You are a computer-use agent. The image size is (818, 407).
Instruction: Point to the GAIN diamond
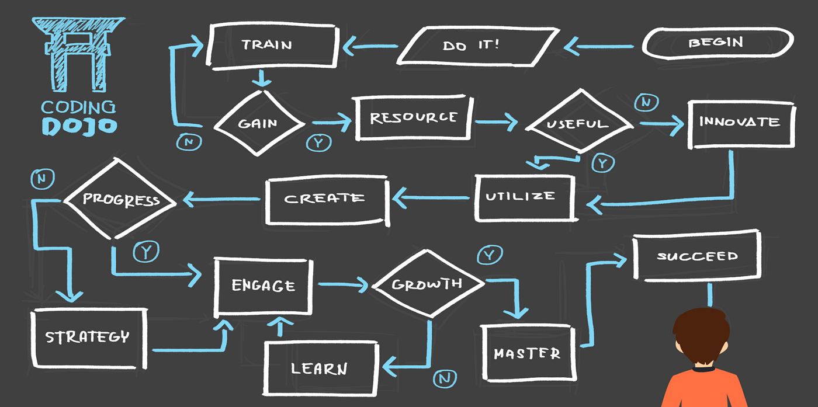pos(259,123)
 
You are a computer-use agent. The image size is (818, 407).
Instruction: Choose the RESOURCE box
pos(413,118)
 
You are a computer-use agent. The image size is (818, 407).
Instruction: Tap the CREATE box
pos(326,199)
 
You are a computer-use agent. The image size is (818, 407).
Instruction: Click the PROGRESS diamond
pos(121,199)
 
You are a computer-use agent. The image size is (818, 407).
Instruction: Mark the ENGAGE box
pos(263,286)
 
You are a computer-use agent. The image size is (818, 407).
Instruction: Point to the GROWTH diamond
pos(428,284)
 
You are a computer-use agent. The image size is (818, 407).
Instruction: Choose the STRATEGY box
pos(88,337)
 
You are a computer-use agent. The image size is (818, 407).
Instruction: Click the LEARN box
pos(320,368)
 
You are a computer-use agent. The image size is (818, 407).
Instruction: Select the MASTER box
pos(527,352)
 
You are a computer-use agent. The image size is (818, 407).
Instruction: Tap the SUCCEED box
pos(696,256)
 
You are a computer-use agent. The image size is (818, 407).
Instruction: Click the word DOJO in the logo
pos(79,126)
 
